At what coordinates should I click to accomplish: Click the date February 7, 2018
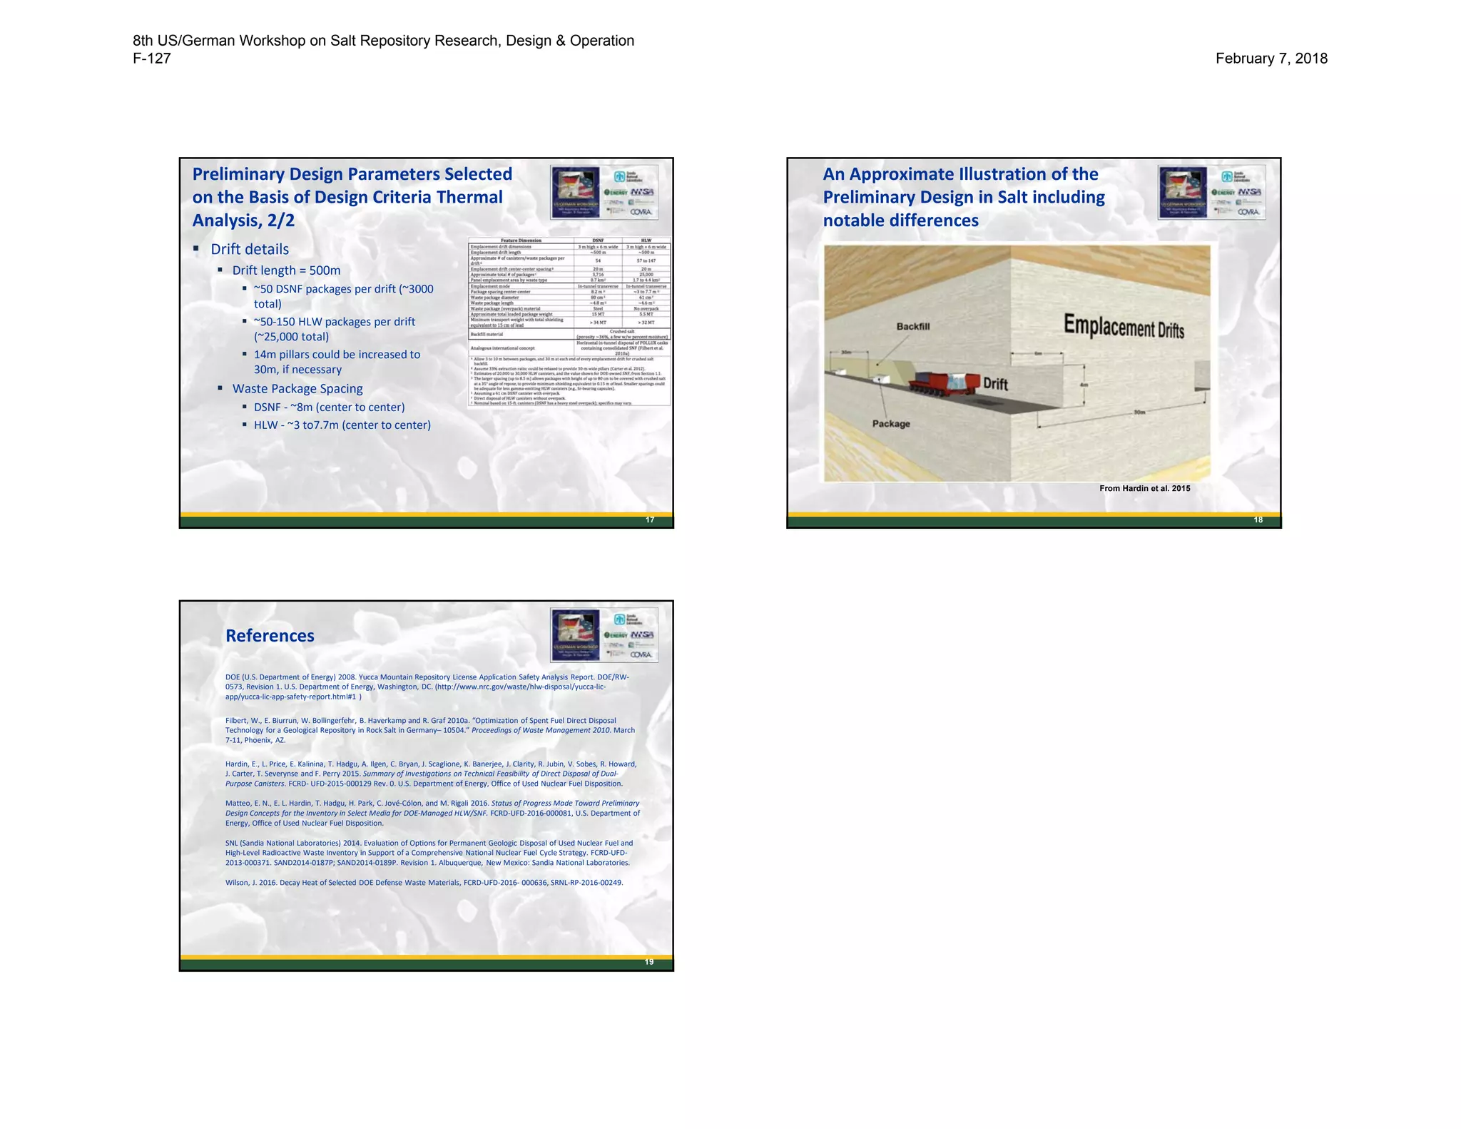point(1271,59)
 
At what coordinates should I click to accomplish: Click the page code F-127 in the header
point(152,59)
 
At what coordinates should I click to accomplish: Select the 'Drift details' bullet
point(250,249)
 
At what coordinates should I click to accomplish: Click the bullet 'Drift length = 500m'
point(286,270)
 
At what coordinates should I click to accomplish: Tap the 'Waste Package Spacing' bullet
point(297,389)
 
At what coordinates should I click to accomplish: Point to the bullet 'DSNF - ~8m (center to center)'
point(329,407)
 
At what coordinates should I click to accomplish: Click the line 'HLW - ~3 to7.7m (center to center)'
point(342,425)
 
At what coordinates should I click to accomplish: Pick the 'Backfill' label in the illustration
point(912,326)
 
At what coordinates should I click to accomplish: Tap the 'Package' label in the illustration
point(891,423)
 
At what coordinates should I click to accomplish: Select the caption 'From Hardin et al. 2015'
point(1144,488)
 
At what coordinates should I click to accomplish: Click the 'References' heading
point(270,636)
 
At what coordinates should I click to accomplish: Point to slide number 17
point(650,520)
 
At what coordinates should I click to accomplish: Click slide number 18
point(1258,520)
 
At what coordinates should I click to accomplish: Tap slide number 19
point(649,962)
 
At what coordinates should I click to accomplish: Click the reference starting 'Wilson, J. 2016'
point(424,883)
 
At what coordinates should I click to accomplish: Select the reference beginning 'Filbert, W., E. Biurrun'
point(429,730)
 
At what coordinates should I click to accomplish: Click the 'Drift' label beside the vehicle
point(995,384)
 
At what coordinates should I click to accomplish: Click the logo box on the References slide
point(604,634)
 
